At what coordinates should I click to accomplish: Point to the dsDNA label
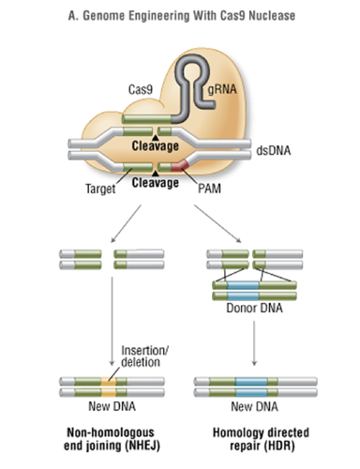tap(275, 147)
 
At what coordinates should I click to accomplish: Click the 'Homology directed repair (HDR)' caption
tap(247, 441)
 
